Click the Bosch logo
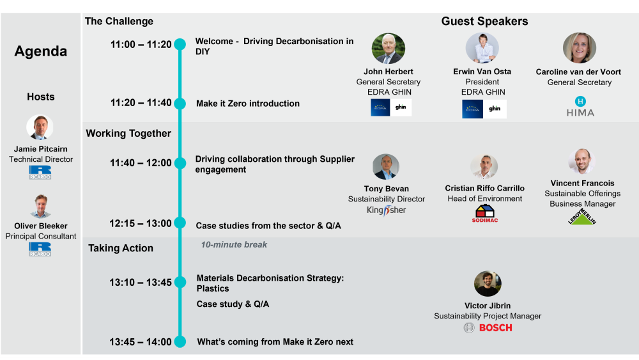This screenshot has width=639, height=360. click(488, 328)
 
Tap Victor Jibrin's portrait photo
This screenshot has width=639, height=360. click(488, 284)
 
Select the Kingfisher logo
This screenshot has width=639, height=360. click(386, 210)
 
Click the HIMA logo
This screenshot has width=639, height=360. click(580, 107)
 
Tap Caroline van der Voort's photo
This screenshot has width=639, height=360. click(580, 49)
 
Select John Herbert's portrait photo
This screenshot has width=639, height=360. click(389, 49)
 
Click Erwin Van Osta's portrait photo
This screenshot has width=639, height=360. click(482, 49)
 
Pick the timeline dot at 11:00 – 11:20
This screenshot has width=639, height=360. click(180, 45)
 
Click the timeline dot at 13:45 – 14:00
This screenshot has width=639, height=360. click(180, 341)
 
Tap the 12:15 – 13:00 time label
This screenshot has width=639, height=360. click(141, 223)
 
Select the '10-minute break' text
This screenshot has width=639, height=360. click(234, 245)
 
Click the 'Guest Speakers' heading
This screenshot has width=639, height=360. click(484, 22)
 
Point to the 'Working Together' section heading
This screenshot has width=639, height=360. click(128, 134)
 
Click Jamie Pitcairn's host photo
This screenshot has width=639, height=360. click(40, 128)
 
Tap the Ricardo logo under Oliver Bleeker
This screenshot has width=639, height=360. click(40, 249)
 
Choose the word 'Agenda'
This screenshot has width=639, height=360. click(41, 52)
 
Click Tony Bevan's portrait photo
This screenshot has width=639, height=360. click(386, 167)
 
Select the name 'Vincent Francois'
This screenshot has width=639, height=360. click(582, 184)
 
